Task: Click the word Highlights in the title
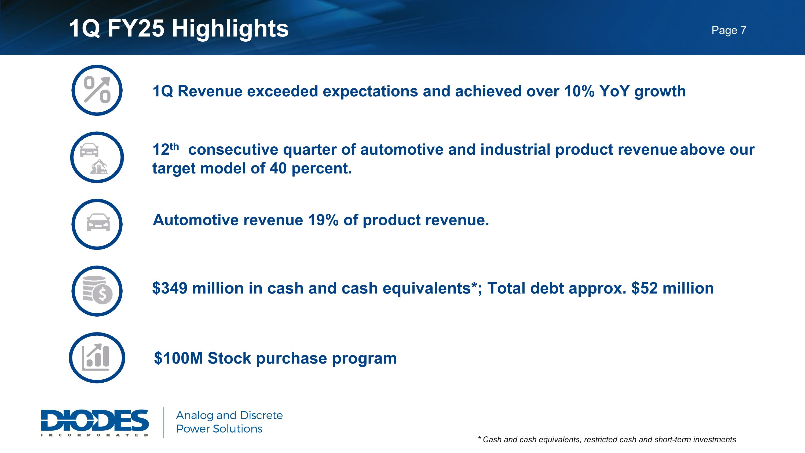coord(230,28)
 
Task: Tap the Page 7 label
coord(729,30)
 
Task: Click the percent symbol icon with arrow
coord(97,90)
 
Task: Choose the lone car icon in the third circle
coord(98,222)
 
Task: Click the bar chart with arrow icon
coord(96,357)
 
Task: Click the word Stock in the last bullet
coord(229,358)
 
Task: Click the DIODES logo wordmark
coord(95,420)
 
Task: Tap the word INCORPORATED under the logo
coord(95,435)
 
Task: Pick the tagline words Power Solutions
coord(219,429)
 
